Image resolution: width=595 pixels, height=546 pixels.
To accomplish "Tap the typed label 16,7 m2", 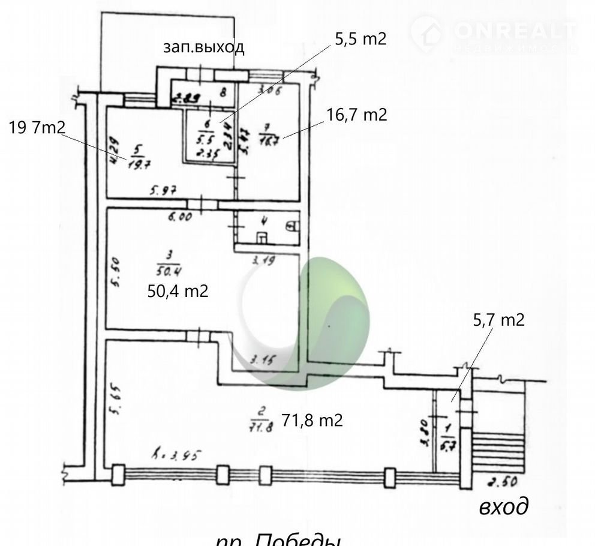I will [357, 115].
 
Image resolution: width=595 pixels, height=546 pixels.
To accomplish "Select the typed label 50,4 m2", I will [178, 291].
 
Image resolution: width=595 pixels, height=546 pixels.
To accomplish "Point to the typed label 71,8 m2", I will [312, 421].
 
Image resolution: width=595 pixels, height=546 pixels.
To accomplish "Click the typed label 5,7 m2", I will [499, 320].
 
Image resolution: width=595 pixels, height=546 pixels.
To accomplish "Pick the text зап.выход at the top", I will [204, 47].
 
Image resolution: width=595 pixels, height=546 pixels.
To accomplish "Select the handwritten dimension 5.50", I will [117, 273].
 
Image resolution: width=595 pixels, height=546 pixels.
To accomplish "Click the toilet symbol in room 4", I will [292, 226].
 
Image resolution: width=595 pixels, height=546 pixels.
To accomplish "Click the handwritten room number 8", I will [223, 92].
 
